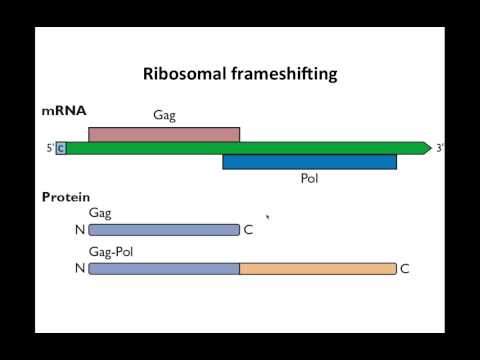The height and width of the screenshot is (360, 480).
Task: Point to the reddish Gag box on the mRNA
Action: click(x=164, y=134)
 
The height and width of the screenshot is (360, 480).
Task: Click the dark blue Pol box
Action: click(x=309, y=162)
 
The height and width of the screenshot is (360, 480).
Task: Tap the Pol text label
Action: click(x=309, y=180)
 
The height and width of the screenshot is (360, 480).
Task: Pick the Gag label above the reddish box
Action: click(x=165, y=116)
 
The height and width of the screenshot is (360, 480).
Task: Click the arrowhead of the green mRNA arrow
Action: click(x=425, y=148)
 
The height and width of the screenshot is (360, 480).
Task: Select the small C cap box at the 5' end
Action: click(x=61, y=149)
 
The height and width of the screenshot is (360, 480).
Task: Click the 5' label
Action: click(x=49, y=149)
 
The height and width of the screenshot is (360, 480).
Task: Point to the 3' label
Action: click(x=440, y=149)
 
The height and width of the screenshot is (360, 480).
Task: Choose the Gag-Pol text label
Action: click(x=111, y=252)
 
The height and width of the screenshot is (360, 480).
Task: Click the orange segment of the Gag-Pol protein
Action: click(x=318, y=268)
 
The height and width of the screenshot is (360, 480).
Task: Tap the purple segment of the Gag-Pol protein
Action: click(x=164, y=268)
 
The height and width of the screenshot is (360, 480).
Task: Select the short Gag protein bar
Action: click(x=164, y=230)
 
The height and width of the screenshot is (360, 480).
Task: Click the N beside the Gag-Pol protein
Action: click(x=79, y=268)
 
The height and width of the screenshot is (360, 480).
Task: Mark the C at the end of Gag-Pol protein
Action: click(x=405, y=268)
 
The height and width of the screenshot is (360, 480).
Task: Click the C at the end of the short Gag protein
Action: click(x=249, y=230)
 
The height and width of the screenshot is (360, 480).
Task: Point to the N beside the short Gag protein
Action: click(x=79, y=230)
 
